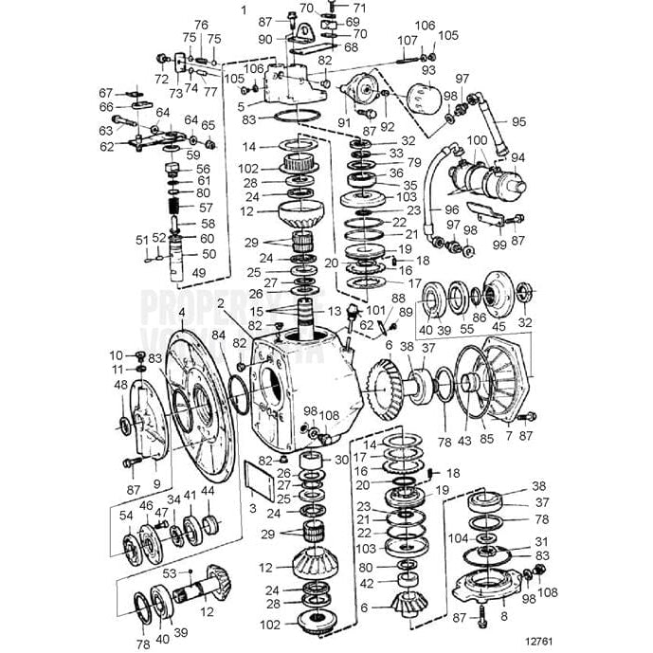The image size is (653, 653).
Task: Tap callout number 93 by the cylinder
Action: [x=428, y=71]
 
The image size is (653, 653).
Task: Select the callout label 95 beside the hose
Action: [x=518, y=121]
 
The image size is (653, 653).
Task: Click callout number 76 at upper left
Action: [x=200, y=25]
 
